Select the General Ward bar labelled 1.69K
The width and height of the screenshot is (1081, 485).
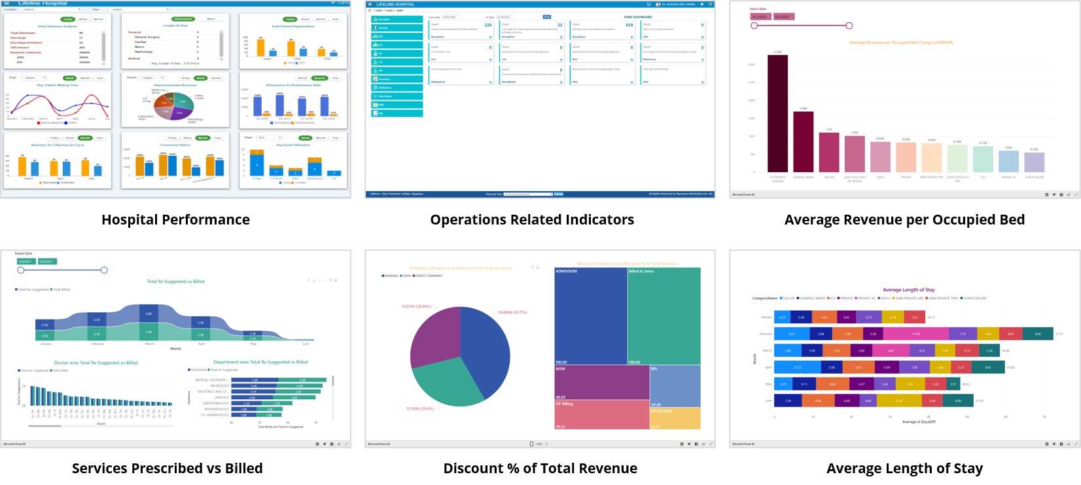(x=803, y=141)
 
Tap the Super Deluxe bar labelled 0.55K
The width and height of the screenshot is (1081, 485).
(x=1035, y=162)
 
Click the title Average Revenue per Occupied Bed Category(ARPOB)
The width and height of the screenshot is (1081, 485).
(x=901, y=43)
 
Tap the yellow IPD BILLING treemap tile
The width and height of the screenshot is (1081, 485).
(x=675, y=418)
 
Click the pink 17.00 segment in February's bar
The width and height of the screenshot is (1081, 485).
(x=915, y=334)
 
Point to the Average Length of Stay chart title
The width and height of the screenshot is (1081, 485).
(x=908, y=289)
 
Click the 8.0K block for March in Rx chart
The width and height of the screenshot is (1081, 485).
(x=149, y=314)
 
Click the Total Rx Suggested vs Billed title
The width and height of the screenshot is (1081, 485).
(x=175, y=281)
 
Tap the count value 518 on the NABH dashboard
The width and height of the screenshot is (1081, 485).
(x=629, y=25)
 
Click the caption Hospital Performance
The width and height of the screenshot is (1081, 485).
(x=175, y=220)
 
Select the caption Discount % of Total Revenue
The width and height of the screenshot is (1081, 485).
(x=540, y=469)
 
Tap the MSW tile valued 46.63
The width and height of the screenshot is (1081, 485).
(x=601, y=382)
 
